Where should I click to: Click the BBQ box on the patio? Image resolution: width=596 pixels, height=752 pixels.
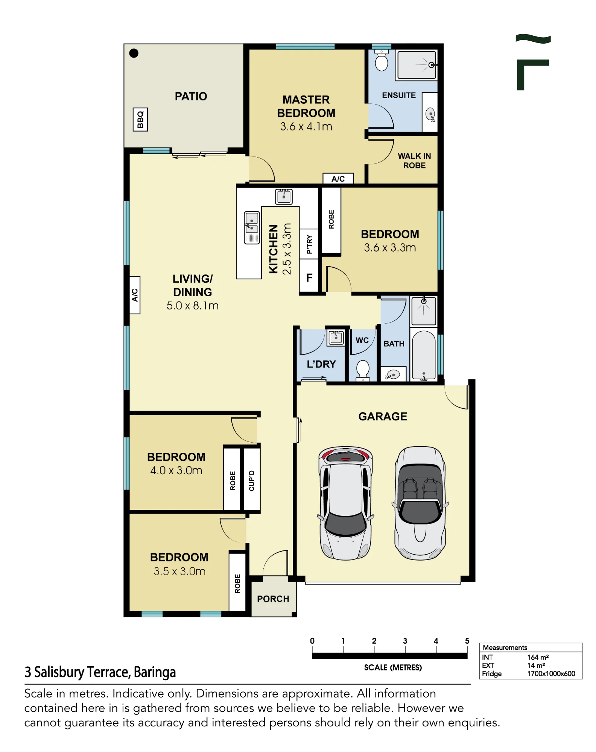(140, 120)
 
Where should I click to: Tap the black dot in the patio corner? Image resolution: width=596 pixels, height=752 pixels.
(134, 53)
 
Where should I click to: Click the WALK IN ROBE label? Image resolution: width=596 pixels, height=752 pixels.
(414, 161)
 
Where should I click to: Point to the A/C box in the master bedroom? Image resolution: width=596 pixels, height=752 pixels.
(338, 179)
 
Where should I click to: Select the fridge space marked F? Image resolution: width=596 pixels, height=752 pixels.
(309, 277)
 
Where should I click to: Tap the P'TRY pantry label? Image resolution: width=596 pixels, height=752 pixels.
(309, 244)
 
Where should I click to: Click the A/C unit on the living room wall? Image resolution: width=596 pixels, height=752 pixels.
(135, 295)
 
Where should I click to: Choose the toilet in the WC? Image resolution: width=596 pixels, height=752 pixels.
(363, 370)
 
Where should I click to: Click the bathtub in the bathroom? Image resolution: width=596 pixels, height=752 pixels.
(424, 355)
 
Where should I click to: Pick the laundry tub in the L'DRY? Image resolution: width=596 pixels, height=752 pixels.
(336, 337)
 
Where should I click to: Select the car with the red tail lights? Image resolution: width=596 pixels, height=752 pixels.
(345, 503)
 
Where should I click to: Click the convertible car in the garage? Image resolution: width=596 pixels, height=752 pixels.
(420, 503)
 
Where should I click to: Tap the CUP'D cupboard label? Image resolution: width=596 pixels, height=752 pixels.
(252, 481)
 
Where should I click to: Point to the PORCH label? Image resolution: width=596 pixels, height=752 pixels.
(273, 599)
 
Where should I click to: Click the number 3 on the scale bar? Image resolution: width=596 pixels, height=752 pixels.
(405, 641)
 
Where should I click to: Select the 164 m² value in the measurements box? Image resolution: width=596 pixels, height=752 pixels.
(538, 657)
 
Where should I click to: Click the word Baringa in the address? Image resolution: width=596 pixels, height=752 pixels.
(155, 672)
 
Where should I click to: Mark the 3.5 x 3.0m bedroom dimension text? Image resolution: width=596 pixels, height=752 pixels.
(179, 571)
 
